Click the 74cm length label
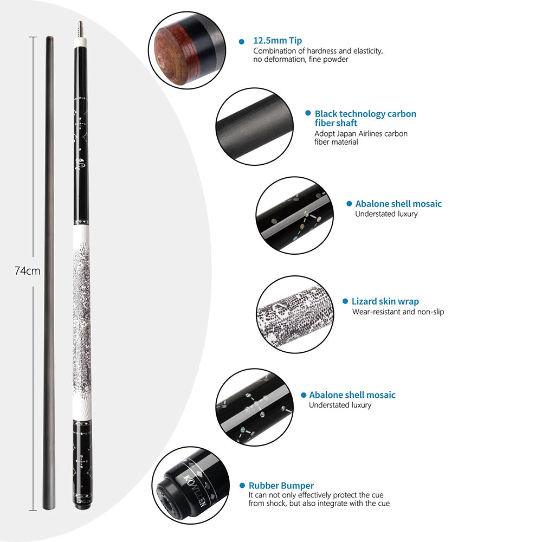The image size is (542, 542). pyautogui.click(x=28, y=271)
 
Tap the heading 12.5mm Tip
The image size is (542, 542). pyautogui.click(x=278, y=41)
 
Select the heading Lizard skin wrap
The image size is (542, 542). pyautogui.click(x=385, y=301)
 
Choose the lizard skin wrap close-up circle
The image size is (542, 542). pyautogui.click(x=295, y=314)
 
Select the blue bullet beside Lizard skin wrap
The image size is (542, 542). pyautogui.click(x=345, y=301)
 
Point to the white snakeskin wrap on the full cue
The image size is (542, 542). pyautogui.click(x=80, y=320)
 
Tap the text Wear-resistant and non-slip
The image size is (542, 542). pyautogui.click(x=398, y=312)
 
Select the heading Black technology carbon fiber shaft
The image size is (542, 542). pyautogui.click(x=365, y=118)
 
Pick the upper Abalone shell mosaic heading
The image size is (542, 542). pyautogui.click(x=398, y=204)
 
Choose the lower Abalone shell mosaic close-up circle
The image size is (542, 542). pyautogui.click(x=254, y=407)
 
